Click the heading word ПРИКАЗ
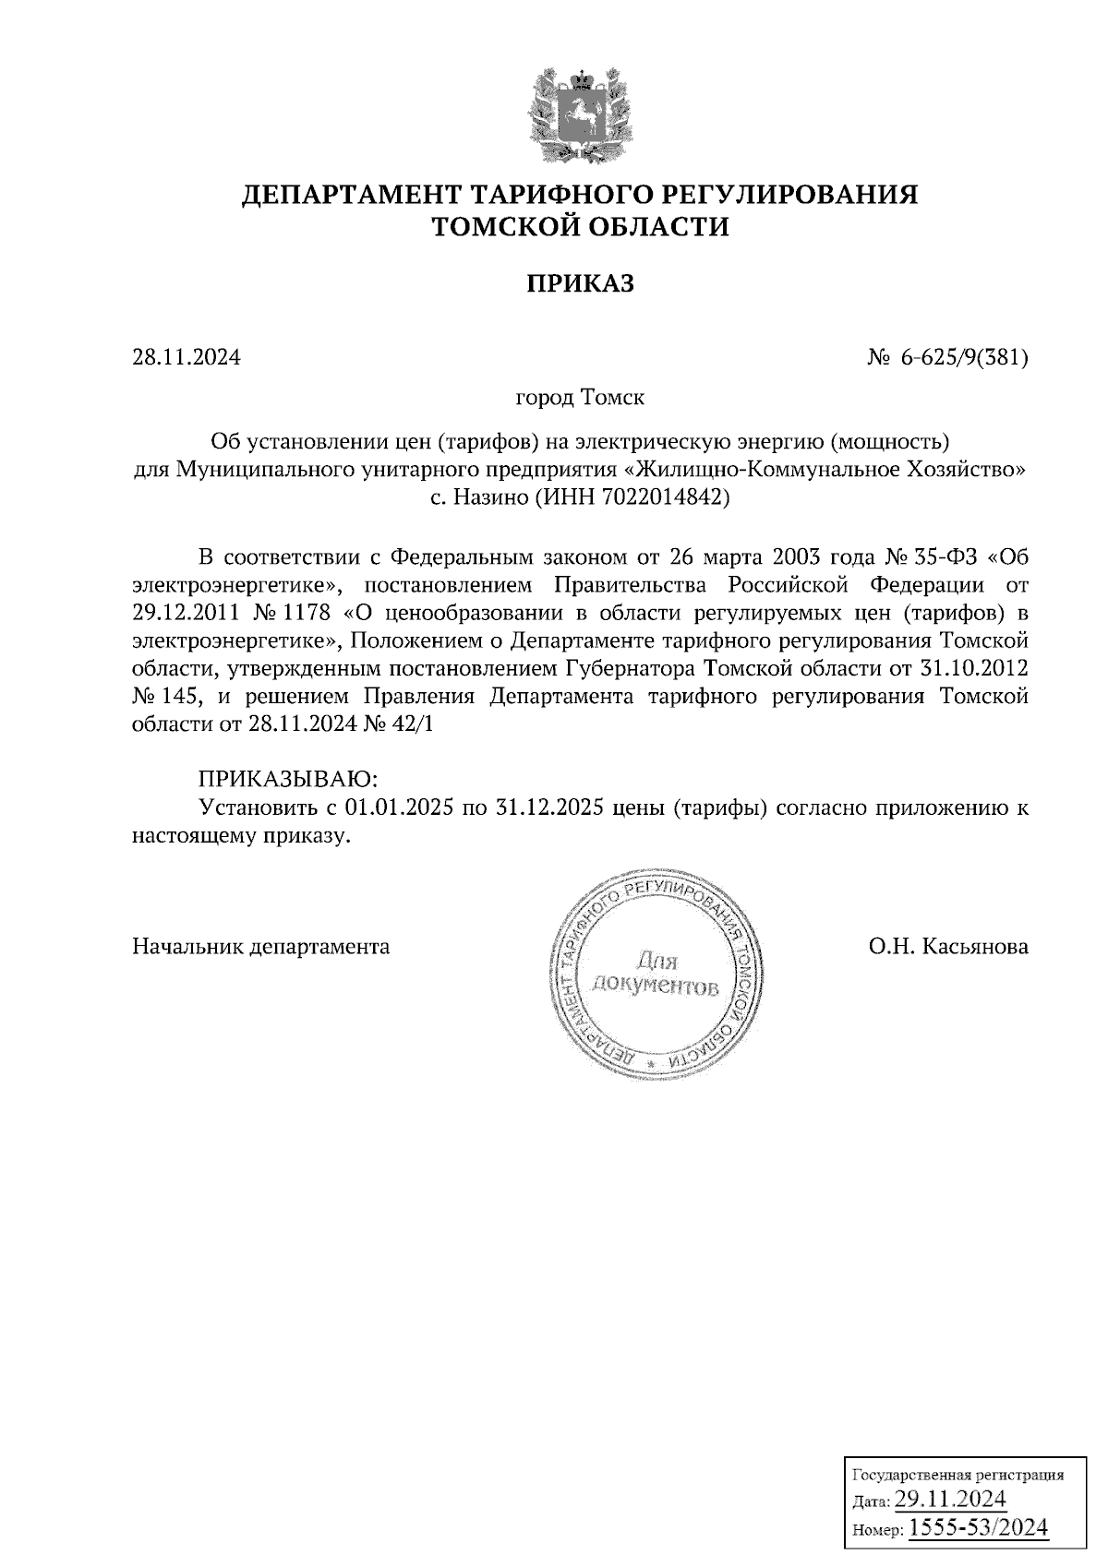point(580,284)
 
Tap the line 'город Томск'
point(580,399)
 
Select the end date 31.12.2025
point(550,808)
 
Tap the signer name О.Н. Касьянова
point(947,947)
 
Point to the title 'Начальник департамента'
point(261,947)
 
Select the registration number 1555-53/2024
point(979,1528)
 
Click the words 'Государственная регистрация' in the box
point(957,1475)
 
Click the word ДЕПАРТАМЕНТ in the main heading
point(352,197)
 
